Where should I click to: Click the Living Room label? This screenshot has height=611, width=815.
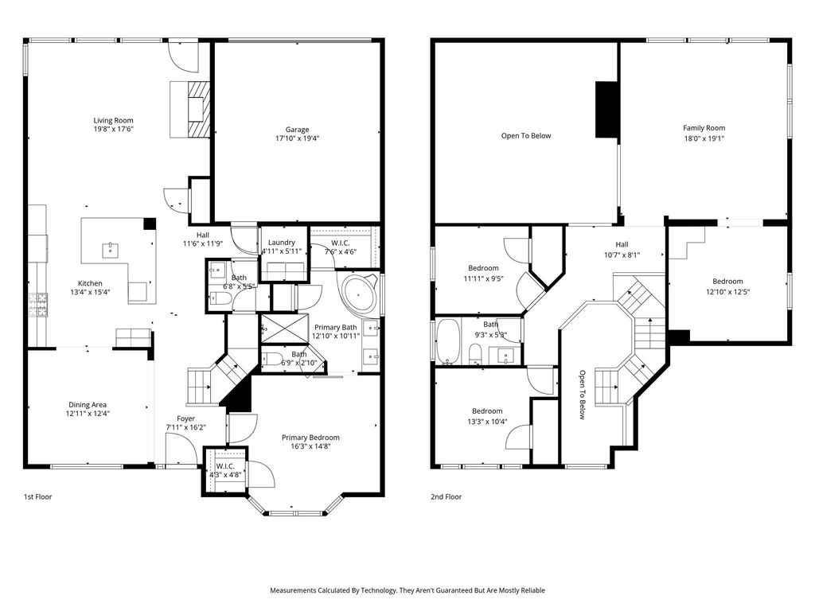point(113,121)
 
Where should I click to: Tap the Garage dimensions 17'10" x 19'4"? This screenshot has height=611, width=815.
point(298,138)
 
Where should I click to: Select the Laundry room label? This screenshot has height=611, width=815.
point(281,243)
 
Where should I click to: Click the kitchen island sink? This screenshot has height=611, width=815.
point(111,250)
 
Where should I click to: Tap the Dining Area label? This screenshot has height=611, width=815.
point(88,405)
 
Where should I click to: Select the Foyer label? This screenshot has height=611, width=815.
point(185,418)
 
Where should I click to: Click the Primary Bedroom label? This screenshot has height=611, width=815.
point(311,438)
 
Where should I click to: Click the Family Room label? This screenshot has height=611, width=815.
point(704,128)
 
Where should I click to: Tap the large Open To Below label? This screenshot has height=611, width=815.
point(526,135)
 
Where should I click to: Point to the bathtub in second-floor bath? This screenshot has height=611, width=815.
point(449,341)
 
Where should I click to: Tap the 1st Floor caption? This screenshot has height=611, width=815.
point(38,496)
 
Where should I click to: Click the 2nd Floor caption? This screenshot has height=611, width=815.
point(446,496)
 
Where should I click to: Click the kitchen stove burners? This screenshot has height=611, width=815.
point(38,305)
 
